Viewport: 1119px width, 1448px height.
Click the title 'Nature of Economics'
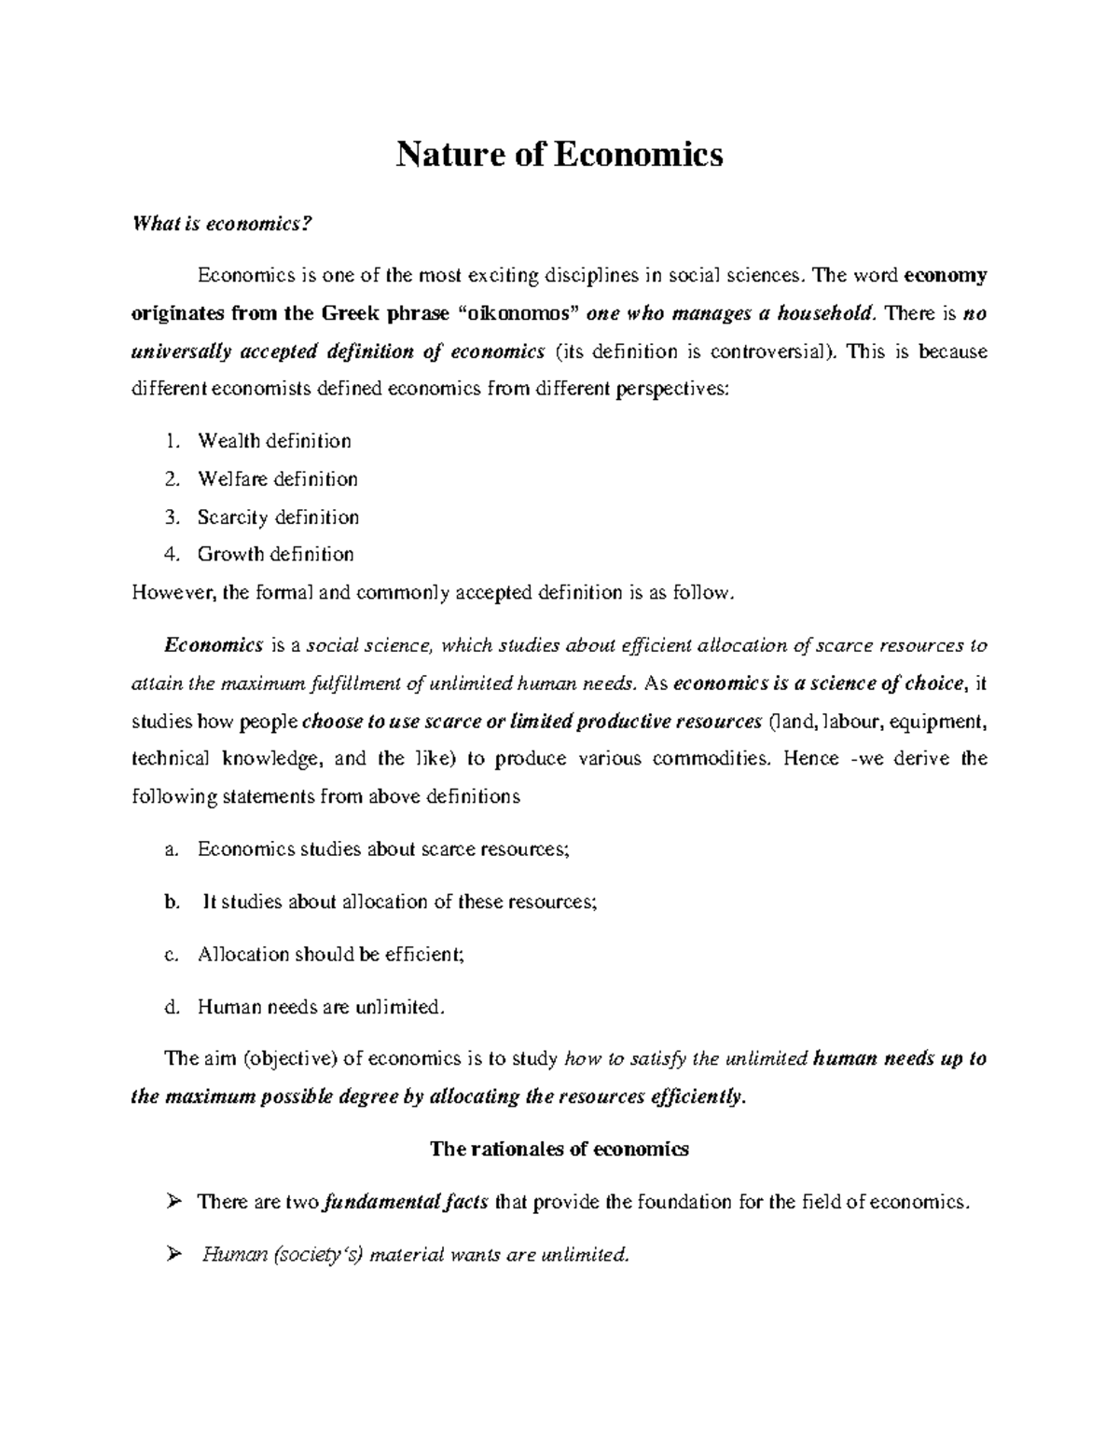[559, 154]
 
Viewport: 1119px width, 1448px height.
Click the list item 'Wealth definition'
[274, 441]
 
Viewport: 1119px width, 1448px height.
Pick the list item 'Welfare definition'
[277, 479]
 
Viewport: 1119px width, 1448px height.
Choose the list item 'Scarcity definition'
[278, 517]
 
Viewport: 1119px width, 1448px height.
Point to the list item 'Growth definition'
[275, 554]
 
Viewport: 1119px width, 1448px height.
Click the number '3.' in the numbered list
[171, 517]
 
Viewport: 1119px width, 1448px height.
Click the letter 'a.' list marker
[170, 849]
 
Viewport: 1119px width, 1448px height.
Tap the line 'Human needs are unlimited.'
[316, 1007]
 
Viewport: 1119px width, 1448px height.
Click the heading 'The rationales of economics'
[559, 1149]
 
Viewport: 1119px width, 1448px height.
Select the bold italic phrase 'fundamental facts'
[405, 1202]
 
